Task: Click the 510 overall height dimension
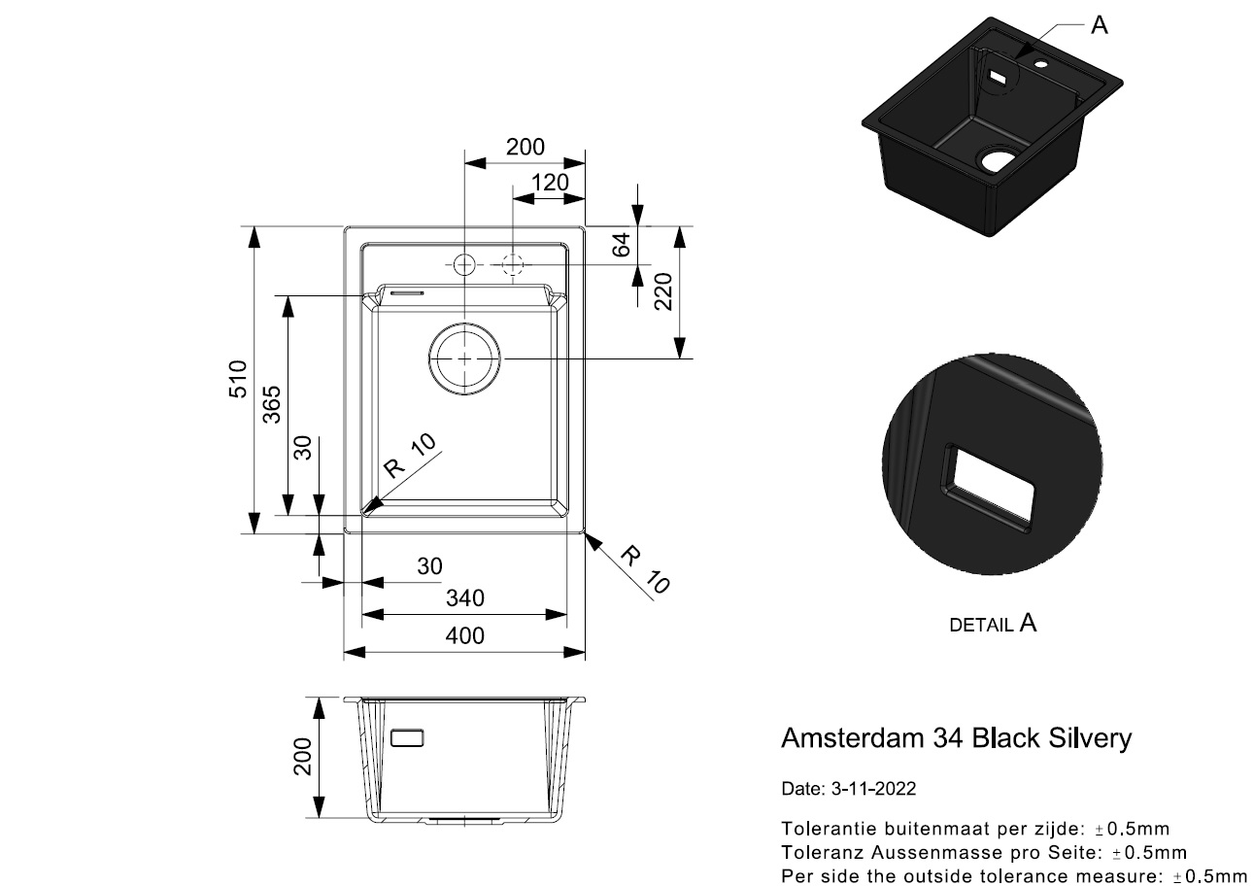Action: [x=238, y=379]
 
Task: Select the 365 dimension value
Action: [x=272, y=404]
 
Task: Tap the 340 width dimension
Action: [x=465, y=598]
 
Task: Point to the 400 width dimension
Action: [x=464, y=636]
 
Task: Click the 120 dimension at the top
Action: [x=550, y=183]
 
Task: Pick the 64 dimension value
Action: [x=622, y=245]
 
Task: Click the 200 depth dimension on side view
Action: [x=302, y=757]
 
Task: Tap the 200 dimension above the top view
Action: [x=525, y=148]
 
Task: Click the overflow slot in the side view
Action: [x=407, y=738]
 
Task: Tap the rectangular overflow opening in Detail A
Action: [x=989, y=488]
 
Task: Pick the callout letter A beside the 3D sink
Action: [x=1100, y=25]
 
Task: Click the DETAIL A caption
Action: [x=993, y=624]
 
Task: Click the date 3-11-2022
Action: [x=874, y=789]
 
